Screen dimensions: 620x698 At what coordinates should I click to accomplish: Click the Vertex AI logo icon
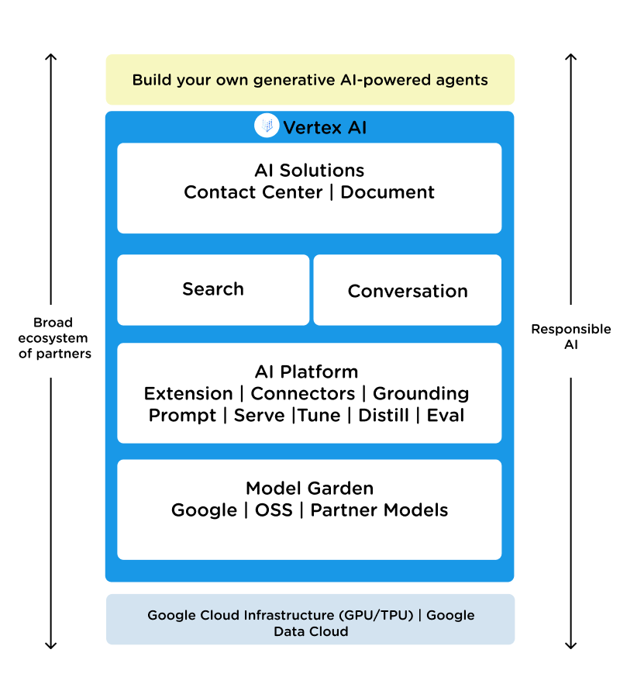[267, 125]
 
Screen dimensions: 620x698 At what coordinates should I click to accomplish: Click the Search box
[213, 290]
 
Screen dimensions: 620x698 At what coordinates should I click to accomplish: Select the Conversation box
[408, 290]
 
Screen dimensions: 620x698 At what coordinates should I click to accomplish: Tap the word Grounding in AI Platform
[421, 394]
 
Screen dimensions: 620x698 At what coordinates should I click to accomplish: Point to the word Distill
[384, 416]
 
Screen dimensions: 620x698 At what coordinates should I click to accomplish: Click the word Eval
[446, 416]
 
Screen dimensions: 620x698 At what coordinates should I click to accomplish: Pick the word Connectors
[303, 393]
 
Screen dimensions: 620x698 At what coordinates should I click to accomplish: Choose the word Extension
[188, 393]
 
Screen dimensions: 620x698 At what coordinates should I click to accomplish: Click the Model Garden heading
[309, 489]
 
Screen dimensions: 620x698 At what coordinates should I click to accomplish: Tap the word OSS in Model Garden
[274, 510]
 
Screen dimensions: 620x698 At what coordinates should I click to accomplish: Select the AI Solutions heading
[309, 171]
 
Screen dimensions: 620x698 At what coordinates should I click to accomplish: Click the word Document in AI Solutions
[387, 192]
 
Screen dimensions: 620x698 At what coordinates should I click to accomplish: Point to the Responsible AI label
[571, 337]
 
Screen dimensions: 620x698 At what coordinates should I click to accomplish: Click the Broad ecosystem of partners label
[54, 338]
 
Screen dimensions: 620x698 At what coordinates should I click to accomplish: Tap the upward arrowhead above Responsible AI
[571, 57]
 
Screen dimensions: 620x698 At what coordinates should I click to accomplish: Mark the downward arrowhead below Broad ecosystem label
[50, 645]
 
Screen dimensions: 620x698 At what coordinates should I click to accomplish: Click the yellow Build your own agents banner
[310, 80]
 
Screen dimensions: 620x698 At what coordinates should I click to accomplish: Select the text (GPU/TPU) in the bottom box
[377, 615]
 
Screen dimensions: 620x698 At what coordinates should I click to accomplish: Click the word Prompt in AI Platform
[182, 416]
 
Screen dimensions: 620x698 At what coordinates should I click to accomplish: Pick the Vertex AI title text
[325, 128]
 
